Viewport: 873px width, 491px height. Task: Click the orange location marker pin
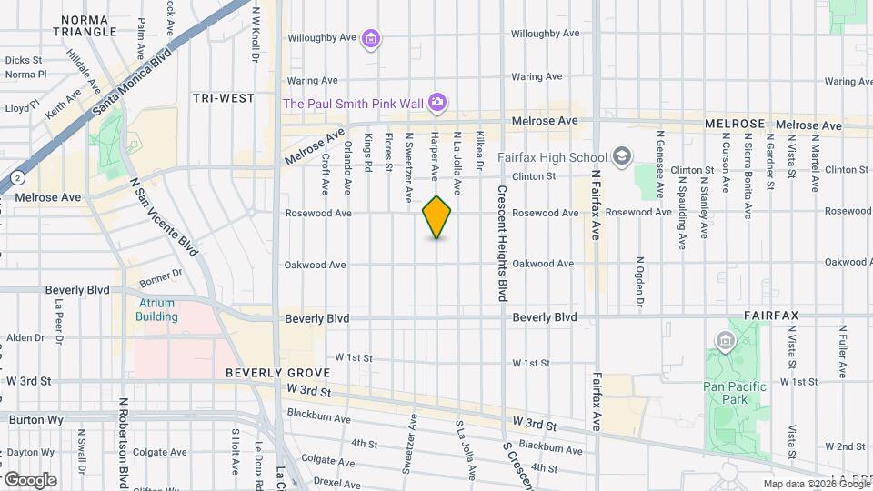coord(437,217)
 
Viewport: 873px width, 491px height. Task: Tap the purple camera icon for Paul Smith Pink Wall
coord(437,103)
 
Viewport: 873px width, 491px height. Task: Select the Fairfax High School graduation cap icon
coord(622,156)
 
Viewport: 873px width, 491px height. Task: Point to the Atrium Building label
coord(156,310)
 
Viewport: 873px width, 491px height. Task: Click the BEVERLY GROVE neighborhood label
coord(271,374)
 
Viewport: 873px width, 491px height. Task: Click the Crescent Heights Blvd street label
coord(501,245)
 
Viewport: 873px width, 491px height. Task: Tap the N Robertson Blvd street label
coord(122,442)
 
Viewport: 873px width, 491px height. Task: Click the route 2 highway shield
coord(16,176)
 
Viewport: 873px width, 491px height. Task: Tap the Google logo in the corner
coord(29,479)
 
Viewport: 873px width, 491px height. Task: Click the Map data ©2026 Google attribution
coord(816,484)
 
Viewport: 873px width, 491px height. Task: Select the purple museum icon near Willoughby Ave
coord(370,38)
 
